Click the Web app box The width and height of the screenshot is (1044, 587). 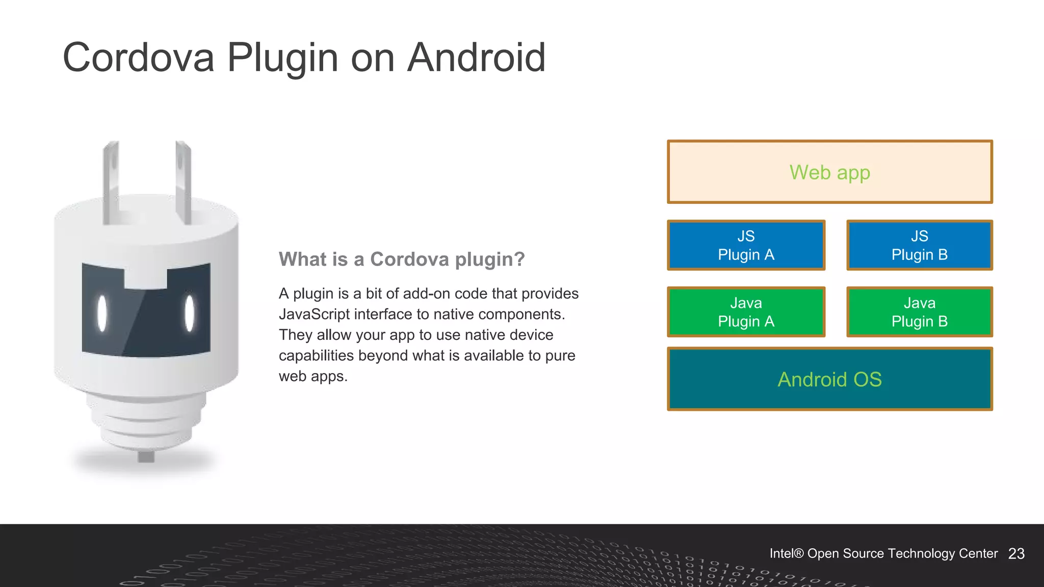tap(829, 172)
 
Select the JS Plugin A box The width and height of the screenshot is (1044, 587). tap(746, 245)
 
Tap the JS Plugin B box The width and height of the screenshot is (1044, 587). tap(919, 245)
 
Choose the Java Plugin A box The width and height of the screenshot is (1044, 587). tap(746, 312)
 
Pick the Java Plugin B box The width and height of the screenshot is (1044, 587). tap(919, 312)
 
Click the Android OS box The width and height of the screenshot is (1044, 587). tap(829, 379)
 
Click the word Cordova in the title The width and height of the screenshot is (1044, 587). tap(138, 58)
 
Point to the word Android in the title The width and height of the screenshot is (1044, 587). tap(476, 58)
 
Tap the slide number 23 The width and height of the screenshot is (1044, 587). tap(1016, 554)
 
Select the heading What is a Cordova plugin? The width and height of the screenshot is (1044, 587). tap(401, 259)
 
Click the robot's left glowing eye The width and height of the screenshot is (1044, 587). tap(102, 313)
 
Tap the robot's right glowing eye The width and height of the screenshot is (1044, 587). tap(190, 313)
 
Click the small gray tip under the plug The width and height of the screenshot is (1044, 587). tap(146, 457)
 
